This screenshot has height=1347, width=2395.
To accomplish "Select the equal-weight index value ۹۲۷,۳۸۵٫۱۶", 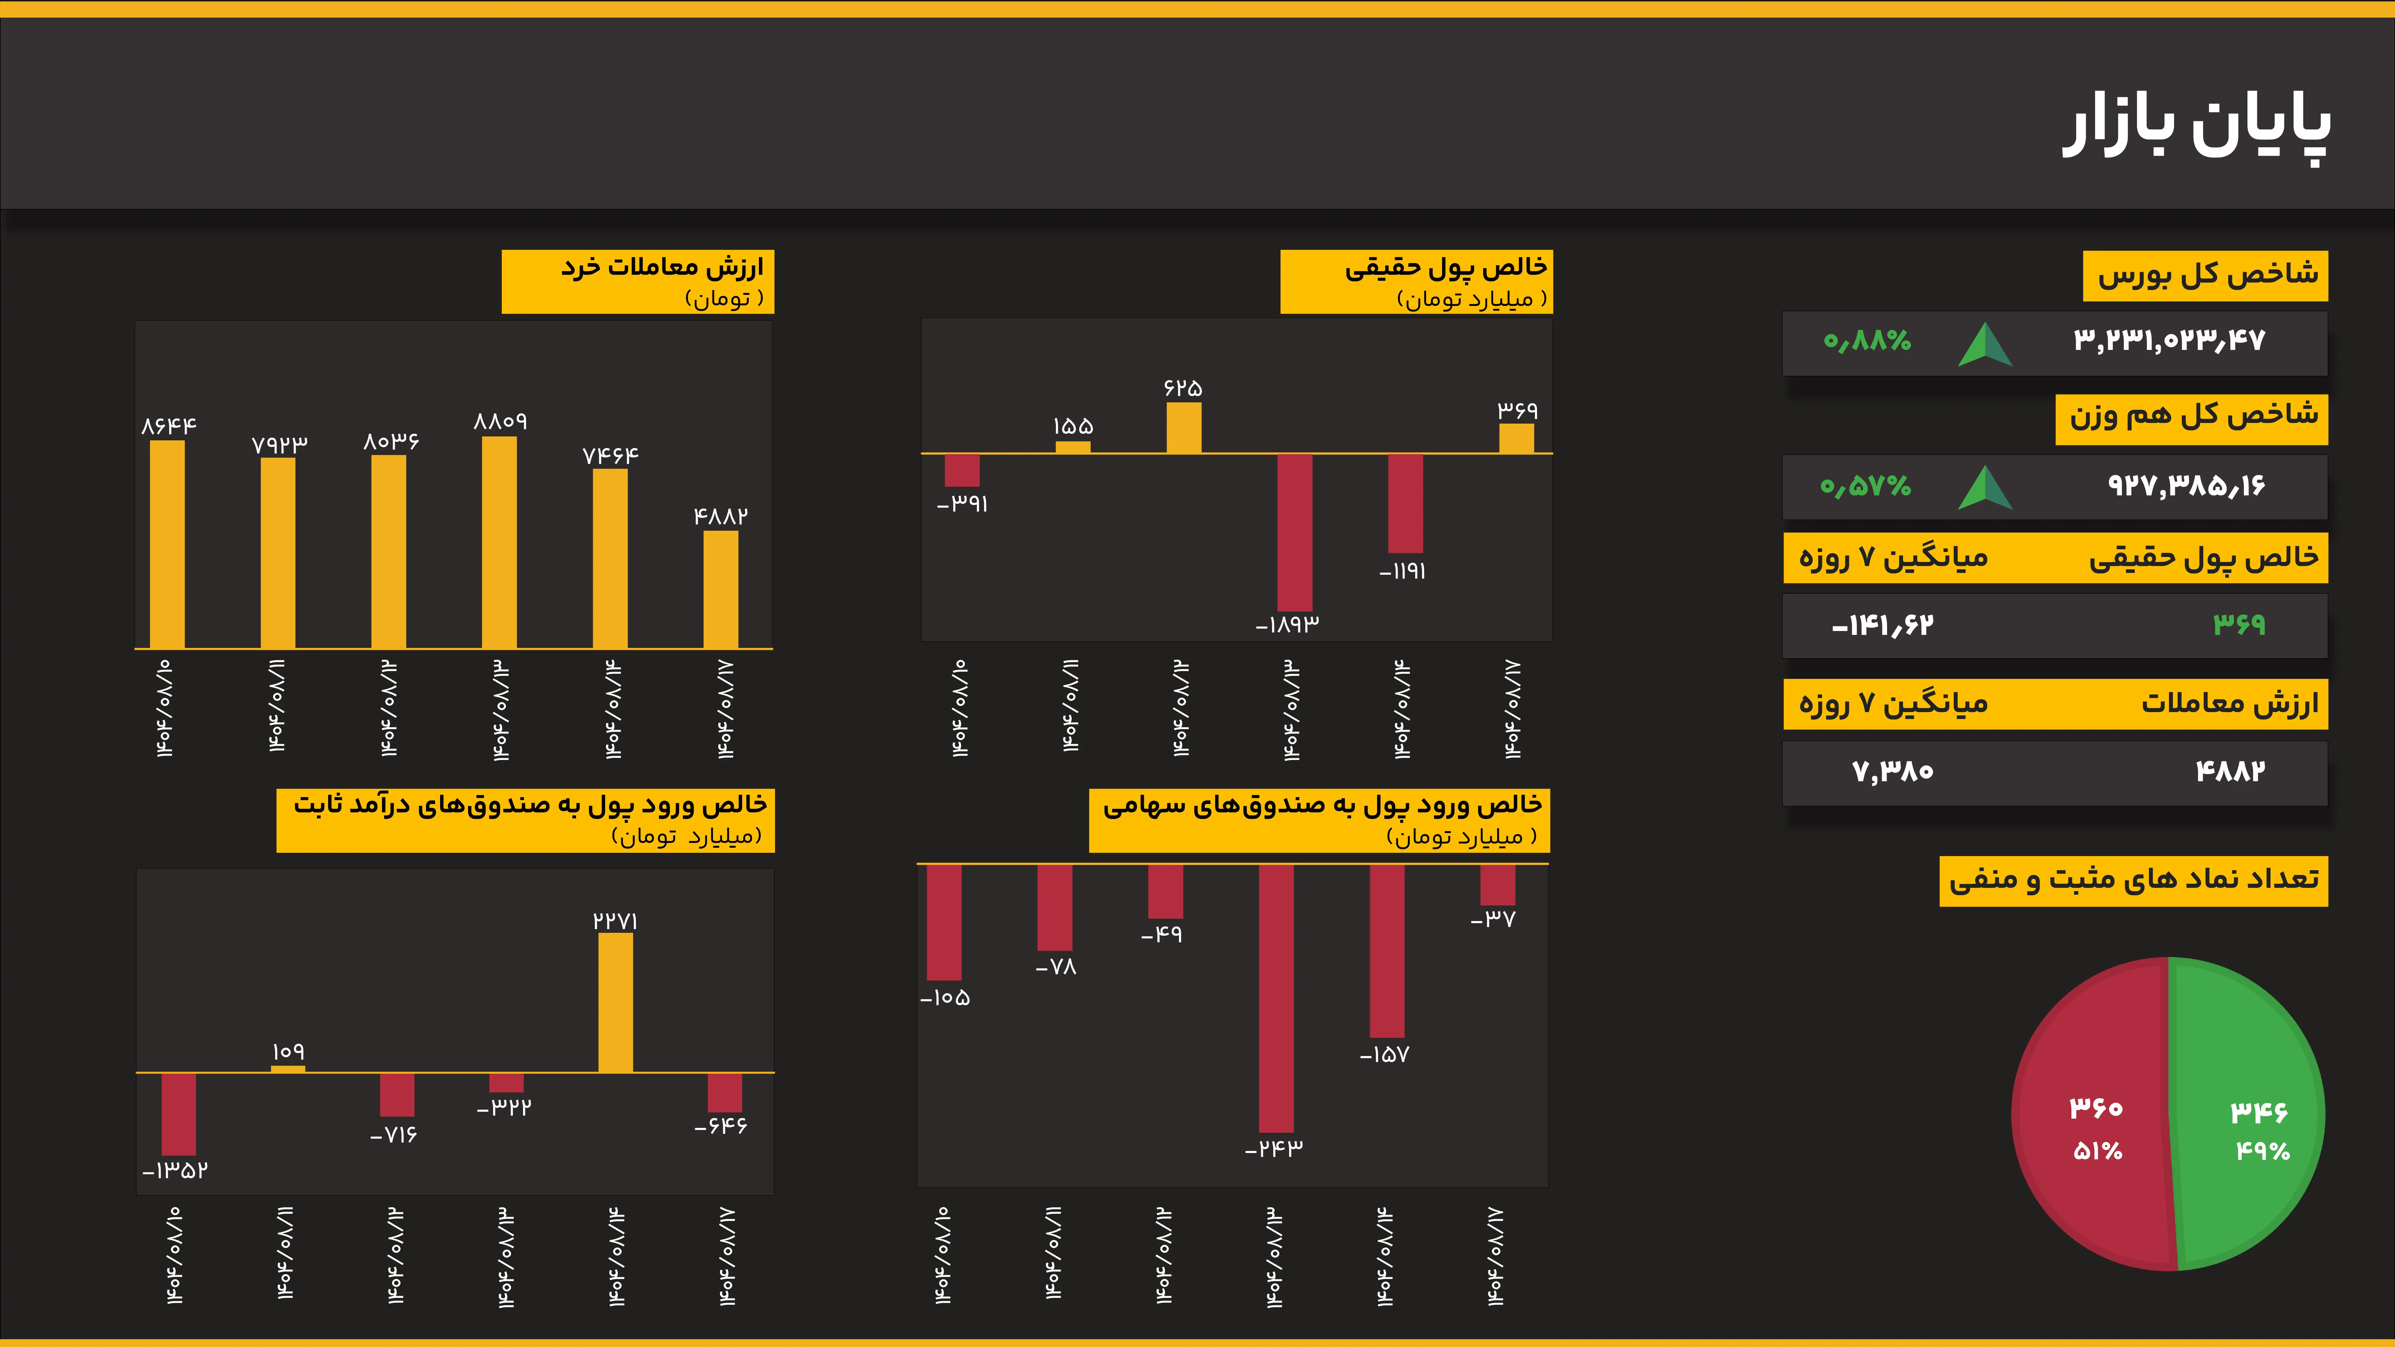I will [x=2185, y=485].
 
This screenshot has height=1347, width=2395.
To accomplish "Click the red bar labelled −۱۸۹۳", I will [x=1294, y=532].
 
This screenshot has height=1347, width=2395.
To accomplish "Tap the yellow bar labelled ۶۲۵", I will [x=1183, y=428].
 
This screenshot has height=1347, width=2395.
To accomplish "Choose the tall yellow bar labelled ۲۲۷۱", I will [x=616, y=1002].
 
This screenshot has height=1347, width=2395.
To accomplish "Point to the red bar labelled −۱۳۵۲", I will [x=178, y=1114].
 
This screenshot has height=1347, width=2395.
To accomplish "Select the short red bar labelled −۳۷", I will [x=1497, y=884].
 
